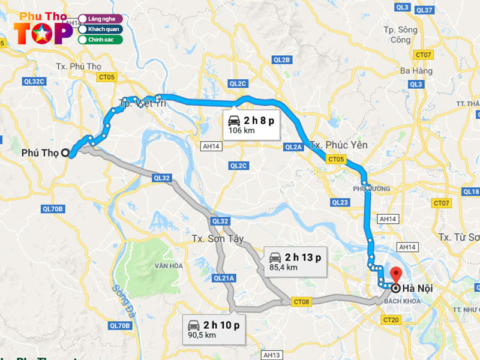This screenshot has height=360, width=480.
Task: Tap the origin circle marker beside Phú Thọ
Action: (65, 152)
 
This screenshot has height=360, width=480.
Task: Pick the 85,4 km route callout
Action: (295, 262)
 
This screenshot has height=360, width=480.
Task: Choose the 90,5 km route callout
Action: (214, 329)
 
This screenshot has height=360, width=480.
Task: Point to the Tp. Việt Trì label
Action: (143, 103)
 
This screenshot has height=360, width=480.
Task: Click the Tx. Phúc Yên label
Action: (338, 145)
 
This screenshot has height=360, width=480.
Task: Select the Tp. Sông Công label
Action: (400, 34)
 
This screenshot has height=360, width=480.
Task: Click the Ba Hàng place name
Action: (416, 71)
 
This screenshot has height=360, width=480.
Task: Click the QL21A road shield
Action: (224, 278)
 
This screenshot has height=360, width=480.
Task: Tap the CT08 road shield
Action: (301, 301)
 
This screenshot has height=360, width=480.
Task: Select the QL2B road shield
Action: (281, 59)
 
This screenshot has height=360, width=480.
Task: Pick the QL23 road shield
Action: (340, 202)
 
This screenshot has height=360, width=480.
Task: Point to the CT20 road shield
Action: (391, 320)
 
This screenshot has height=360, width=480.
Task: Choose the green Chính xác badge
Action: (101, 40)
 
